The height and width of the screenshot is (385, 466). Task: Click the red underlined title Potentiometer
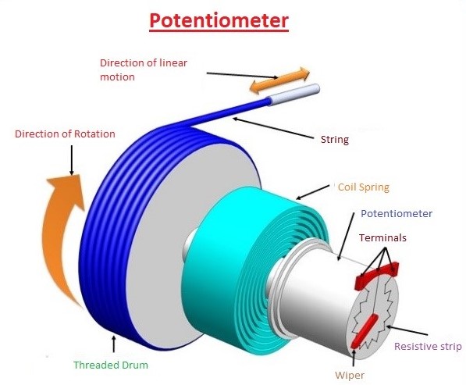click(219, 21)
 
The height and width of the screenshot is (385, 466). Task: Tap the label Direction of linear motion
click(144, 70)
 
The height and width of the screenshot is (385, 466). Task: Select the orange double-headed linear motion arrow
click(279, 80)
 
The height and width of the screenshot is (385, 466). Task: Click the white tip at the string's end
click(294, 94)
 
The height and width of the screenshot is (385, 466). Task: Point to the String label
click(335, 140)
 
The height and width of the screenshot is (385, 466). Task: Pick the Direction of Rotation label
click(65, 134)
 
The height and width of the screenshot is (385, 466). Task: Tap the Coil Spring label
click(364, 187)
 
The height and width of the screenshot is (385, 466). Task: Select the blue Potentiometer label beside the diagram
click(397, 213)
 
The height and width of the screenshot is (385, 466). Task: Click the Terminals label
click(382, 238)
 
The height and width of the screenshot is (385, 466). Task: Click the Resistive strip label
click(428, 347)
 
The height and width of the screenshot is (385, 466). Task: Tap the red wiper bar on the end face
click(365, 331)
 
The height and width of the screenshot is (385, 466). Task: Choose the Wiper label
click(350, 375)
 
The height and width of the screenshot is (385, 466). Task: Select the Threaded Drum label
click(111, 365)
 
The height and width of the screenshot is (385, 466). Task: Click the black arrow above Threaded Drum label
click(113, 344)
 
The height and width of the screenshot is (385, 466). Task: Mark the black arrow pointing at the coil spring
click(313, 192)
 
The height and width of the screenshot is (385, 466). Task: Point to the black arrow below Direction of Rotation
click(72, 160)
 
